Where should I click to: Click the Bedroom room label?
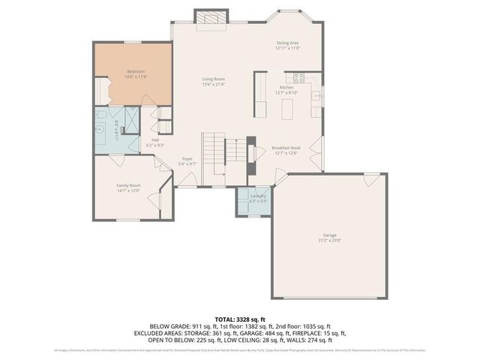coord(136,71)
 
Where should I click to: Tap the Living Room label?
coord(213,79)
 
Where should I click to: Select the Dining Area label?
coord(288,43)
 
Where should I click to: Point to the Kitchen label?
coord(286,88)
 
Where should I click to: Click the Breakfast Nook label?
coord(286,148)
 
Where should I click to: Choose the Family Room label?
coord(128,185)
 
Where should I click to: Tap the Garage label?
coord(329,235)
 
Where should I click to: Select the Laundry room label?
coord(258,196)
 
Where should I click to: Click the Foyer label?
coord(187,159)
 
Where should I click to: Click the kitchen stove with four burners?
coord(299,76)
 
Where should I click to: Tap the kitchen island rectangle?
coord(286,109)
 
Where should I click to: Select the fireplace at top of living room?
coord(209,18)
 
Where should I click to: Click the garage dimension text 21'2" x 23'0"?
coord(329,240)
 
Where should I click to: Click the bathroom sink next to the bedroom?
coord(100,128)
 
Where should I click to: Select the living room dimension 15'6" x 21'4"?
coord(213,84)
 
